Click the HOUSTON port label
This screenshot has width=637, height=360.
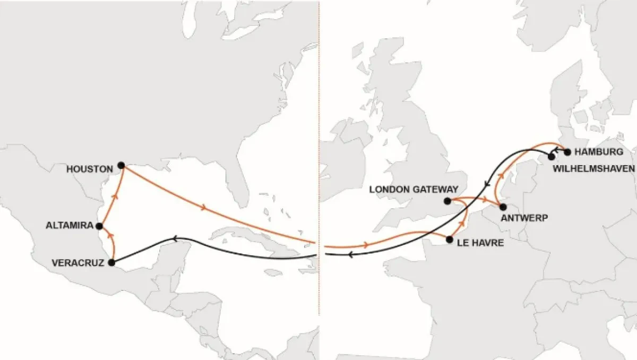(x=89, y=169)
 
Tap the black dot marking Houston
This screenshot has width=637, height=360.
(x=121, y=165)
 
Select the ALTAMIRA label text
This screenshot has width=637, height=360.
(x=69, y=225)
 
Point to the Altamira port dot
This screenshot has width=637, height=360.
(x=99, y=226)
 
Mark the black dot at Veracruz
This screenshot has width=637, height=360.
(x=111, y=262)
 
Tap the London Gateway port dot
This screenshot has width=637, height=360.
(x=447, y=201)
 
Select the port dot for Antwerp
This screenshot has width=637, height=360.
(x=503, y=207)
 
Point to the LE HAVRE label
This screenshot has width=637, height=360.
(x=478, y=243)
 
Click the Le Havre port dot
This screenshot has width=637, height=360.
(x=450, y=239)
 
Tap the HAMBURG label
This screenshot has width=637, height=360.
(x=598, y=152)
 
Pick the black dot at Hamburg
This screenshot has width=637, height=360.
(x=567, y=152)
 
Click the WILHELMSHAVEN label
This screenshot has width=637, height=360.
(x=594, y=168)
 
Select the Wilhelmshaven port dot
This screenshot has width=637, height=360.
(x=551, y=156)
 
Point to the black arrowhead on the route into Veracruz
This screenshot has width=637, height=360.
(x=176, y=238)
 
